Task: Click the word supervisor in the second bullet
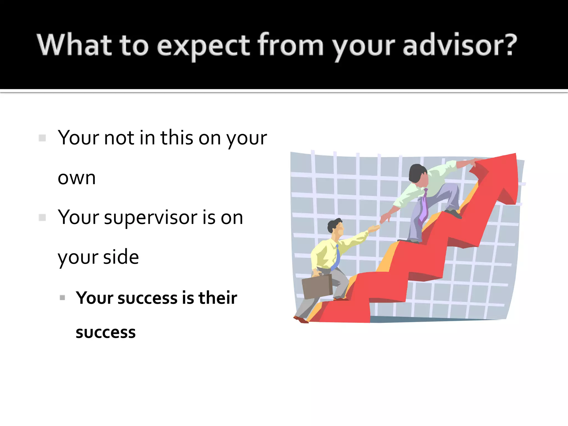(151, 218)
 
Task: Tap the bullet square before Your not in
(42, 138)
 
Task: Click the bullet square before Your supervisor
(42, 217)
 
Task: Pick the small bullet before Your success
(62, 298)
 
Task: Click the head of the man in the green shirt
(418, 173)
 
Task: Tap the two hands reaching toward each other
(380, 223)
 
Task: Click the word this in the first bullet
(177, 138)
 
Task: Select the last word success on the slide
(106, 333)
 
